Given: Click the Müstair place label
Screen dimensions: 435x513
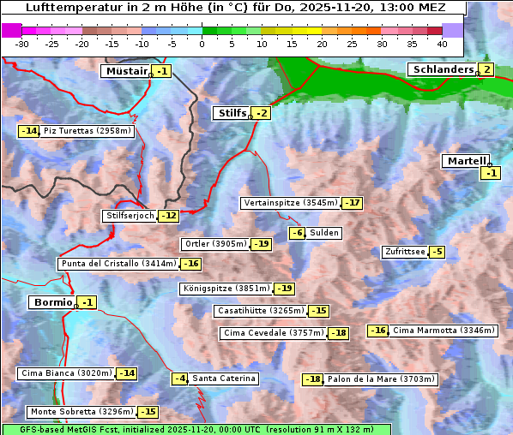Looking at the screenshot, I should pos(126,71).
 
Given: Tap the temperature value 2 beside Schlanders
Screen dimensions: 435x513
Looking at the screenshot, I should pos(486,69).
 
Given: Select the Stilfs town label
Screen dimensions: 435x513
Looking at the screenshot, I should pos(232,113).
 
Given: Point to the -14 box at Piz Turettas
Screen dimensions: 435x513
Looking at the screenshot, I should pos(28,131).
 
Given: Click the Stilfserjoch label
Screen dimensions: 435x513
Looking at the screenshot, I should pos(130,216).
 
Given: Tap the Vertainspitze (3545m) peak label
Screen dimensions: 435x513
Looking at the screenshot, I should pos(291,203).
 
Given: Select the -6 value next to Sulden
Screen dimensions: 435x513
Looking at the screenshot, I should pos(297,233).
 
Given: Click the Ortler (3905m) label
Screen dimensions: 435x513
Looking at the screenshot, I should pos(215,244).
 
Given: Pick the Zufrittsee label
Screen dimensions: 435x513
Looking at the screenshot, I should pos(404,252).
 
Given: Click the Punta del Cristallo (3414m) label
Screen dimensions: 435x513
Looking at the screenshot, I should pos(118,264).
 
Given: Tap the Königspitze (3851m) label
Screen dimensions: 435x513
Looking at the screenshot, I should pos(226,289).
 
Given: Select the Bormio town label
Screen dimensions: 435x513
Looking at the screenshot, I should pos(51,302).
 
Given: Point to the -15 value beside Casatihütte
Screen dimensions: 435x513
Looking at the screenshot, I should pos(318,311).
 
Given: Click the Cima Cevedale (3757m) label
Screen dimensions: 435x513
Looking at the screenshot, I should pos(274,333).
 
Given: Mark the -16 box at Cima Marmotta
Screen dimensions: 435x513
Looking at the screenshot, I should pos(377,331).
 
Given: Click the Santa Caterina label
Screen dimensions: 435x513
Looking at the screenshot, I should pos(223,378).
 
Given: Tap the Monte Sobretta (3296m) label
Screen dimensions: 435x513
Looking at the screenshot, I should pos(81,412).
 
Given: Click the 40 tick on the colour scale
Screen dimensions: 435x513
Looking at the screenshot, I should pos(442,43).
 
